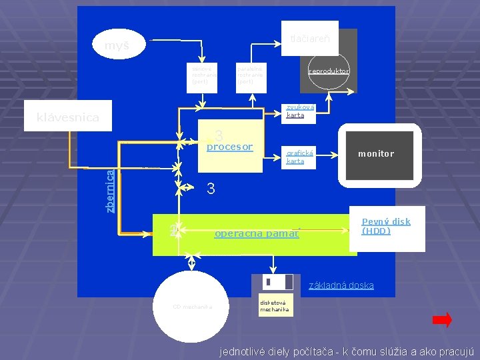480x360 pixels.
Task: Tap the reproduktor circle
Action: (x=329, y=71)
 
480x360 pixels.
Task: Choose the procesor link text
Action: (x=230, y=147)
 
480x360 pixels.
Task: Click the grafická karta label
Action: (x=296, y=157)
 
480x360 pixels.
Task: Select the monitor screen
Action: (x=375, y=155)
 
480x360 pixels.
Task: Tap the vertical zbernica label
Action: (x=109, y=191)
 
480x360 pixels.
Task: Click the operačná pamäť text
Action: (x=257, y=234)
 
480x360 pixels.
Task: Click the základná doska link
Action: (x=341, y=285)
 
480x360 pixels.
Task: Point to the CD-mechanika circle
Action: (x=192, y=307)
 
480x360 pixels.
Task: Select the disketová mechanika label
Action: (x=275, y=306)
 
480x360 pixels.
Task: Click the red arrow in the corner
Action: (x=441, y=321)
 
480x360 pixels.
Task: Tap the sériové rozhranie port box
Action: (x=201, y=75)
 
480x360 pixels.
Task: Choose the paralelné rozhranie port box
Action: (x=251, y=75)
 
